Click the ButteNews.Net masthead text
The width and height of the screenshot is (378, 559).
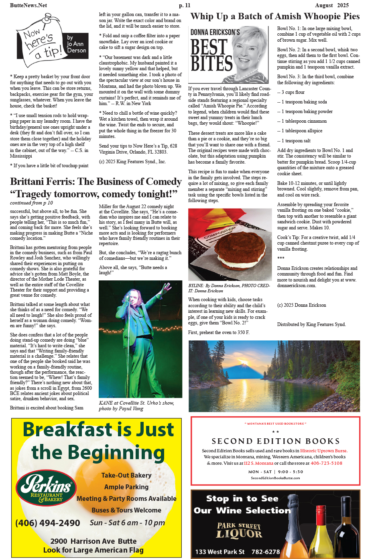pyautogui.click(x=28, y=5)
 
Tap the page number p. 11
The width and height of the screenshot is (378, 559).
pyautogui.click(x=185, y=5)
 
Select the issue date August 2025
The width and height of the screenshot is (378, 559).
pyautogui.click(x=332, y=5)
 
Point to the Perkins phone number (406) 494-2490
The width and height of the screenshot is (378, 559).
pyautogui.click(x=48, y=523)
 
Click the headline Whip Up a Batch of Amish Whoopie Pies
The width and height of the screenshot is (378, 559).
pyautogui.click(x=275, y=16)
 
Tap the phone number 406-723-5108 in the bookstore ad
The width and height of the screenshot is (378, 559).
pyautogui.click(x=326, y=463)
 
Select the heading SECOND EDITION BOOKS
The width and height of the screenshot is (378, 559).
pyautogui.click(x=276, y=441)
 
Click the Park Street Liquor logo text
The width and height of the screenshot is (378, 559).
pyautogui.click(x=239, y=530)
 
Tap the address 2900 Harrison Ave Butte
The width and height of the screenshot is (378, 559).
pyautogui.click(x=93, y=541)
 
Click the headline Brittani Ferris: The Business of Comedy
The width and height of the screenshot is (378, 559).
pyautogui.click(x=96, y=182)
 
